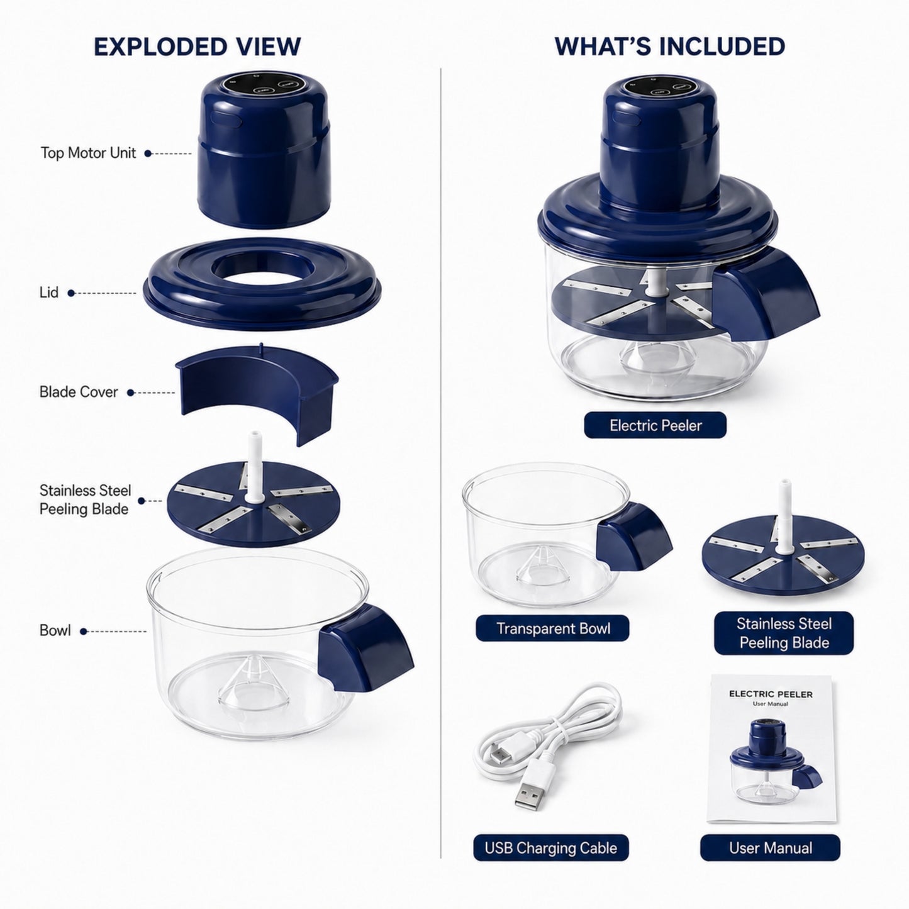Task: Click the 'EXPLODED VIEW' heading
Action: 197,47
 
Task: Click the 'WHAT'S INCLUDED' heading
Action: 670,46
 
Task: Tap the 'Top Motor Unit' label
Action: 88,153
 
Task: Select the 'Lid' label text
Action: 49,293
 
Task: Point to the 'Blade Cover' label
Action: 79,392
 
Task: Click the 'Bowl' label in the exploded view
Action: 55,631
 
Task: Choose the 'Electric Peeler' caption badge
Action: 655,425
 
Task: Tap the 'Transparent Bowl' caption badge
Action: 553,628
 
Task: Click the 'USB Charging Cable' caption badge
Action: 551,848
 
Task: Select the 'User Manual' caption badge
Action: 771,848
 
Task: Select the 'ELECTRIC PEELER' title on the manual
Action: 771,694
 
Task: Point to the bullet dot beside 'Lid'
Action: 71,293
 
